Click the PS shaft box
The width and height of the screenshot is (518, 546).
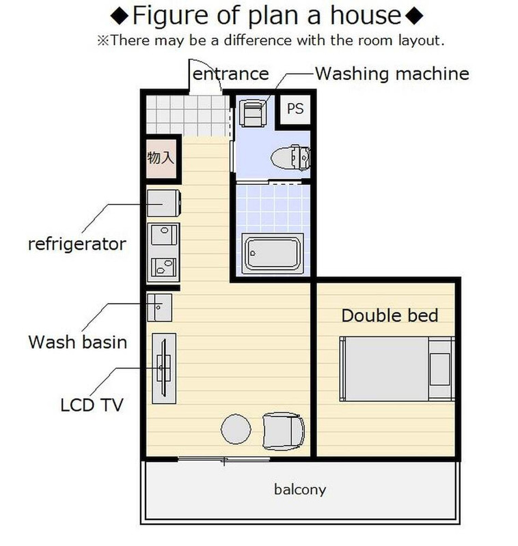point(295,109)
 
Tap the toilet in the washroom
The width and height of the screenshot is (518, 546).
point(290,158)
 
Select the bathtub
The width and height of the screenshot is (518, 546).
point(272,253)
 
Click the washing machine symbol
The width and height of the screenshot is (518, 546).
point(253,113)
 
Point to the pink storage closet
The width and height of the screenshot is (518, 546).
point(161,158)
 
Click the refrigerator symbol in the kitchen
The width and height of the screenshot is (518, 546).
point(163,203)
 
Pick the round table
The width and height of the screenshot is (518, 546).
point(236,429)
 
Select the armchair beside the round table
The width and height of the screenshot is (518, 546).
point(283,431)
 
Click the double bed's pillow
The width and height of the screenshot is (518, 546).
point(440,369)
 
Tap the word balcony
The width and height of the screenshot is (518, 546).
point(300,489)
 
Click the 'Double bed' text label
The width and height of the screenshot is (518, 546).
point(390,315)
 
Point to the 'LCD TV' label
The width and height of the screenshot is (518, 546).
point(92,405)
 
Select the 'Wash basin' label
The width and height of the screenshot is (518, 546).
point(77,342)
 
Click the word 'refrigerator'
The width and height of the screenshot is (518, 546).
point(77,244)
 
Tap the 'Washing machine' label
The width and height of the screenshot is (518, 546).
point(392,74)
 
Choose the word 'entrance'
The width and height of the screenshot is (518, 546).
point(231,74)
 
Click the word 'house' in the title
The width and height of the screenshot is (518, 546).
point(366,15)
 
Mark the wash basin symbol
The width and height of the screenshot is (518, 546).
point(159,308)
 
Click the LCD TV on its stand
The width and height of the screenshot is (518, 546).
point(164,368)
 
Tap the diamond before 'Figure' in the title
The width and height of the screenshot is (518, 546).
point(120,16)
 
